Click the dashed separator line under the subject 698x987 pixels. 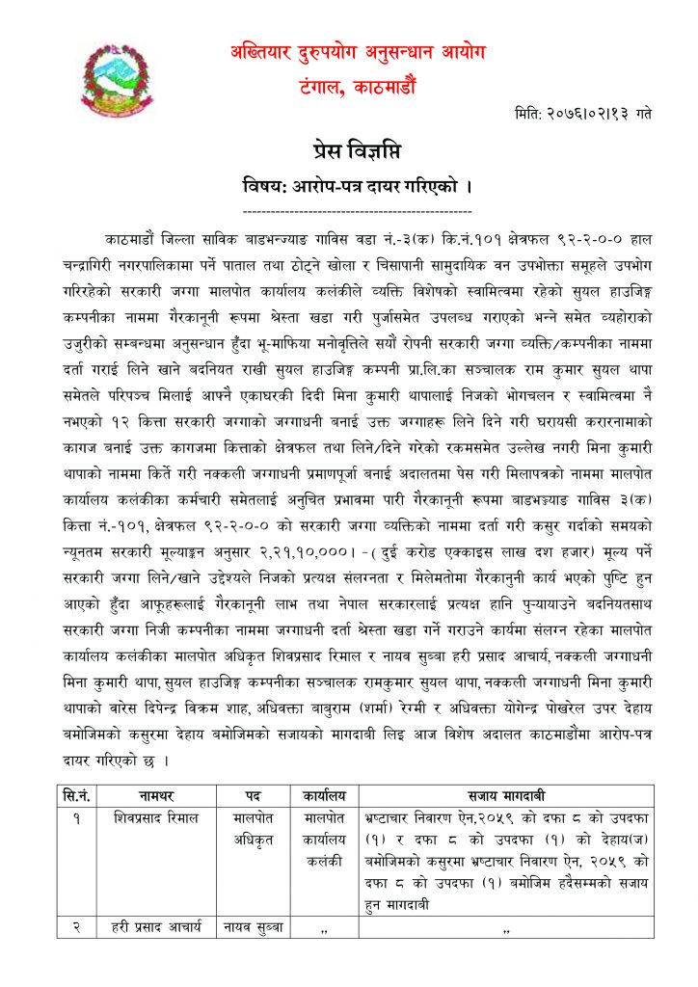pyautogui.click(x=357, y=210)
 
